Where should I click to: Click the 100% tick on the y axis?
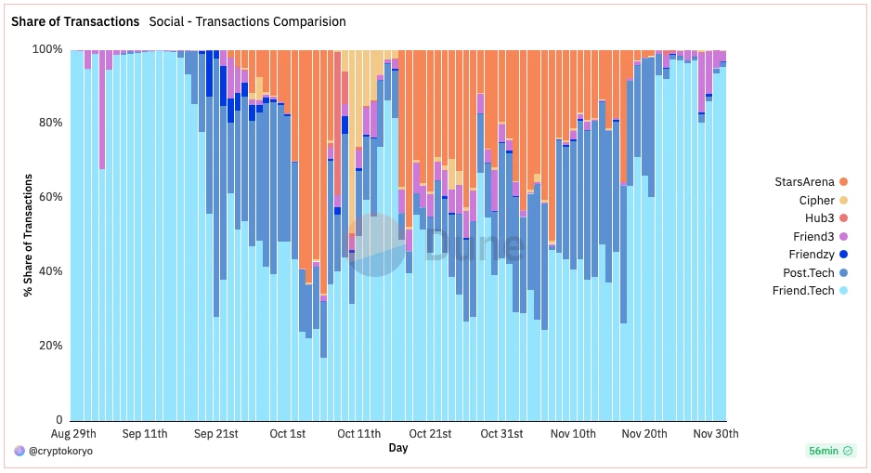[48, 49]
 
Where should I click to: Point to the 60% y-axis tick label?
[51, 197]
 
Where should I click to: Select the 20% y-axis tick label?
[51, 346]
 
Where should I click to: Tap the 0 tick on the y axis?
[59, 420]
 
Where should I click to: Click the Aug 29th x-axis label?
[72, 434]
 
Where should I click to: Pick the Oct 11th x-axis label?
[359, 434]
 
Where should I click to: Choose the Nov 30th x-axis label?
[716, 434]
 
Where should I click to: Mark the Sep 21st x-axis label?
[216, 434]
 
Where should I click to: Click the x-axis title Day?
[397, 448]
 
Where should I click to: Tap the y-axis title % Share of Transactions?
[28, 234]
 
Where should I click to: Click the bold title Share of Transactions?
[75, 21]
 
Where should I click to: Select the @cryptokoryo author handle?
[59, 451]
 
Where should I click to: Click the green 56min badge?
[829, 451]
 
